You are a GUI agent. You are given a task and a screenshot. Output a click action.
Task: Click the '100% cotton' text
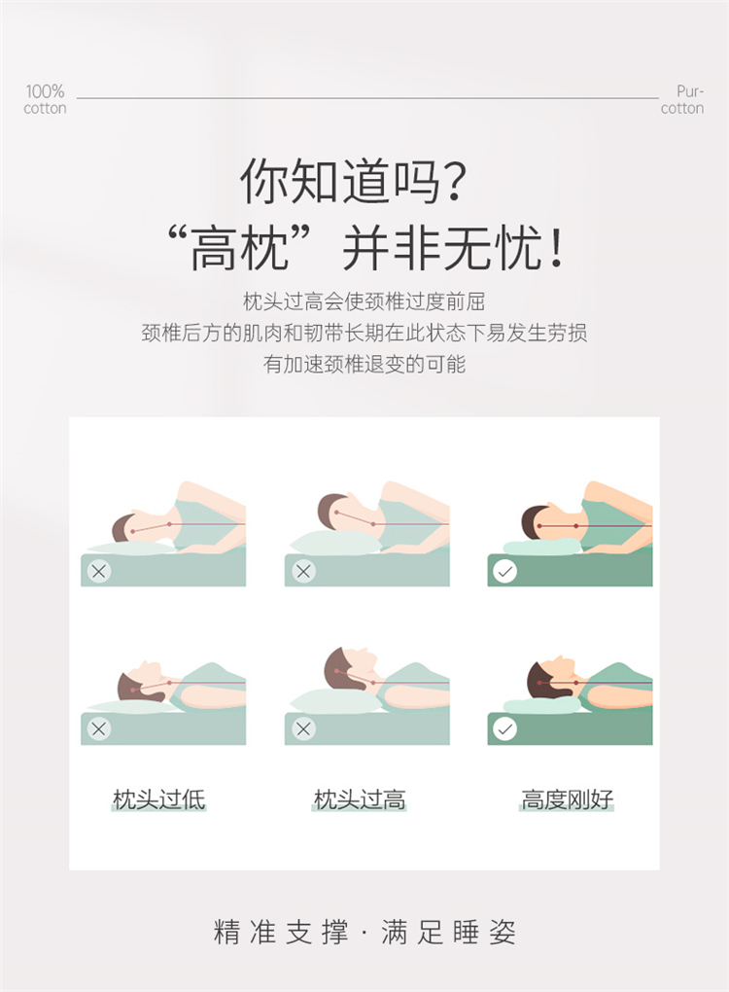(x=45, y=99)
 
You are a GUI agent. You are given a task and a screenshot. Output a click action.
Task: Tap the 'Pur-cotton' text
(x=682, y=99)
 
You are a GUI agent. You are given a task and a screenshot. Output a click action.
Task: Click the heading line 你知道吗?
(x=354, y=181)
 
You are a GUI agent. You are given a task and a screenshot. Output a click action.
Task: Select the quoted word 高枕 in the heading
(x=240, y=248)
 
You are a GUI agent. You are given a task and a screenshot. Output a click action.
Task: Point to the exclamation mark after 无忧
(x=556, y=249)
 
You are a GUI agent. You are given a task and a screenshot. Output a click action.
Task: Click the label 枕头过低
(x=158, y=799)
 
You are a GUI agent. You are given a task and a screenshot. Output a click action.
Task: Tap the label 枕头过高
(x=360, y=799)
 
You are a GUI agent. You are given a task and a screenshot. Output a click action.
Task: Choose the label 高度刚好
(x=567, y=799)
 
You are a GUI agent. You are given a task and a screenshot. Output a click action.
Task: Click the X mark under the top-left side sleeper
(x=98, y=572)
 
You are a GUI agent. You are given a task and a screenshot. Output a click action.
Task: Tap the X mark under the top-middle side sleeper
(x=303, y=572)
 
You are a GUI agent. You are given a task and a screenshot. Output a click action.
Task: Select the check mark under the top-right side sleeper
(x=504, y=572)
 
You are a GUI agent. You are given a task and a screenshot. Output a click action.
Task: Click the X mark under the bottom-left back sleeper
(x=98, y=728)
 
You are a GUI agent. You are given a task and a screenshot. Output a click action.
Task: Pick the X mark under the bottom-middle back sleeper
(x=303, y=728)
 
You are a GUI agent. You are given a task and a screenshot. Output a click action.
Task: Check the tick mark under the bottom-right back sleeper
(x=504, y=728)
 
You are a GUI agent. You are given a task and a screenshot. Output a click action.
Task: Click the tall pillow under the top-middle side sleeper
(x=335, y=543)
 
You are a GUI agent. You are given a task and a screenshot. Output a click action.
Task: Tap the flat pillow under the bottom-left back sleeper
(x=129, y=706)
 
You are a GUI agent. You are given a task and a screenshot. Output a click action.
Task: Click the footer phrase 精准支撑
(x=281, y=933)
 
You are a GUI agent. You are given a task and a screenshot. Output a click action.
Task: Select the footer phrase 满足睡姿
(x=448, y=933)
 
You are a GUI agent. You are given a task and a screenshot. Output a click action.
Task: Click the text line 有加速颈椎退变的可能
(x=364, y=365)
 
